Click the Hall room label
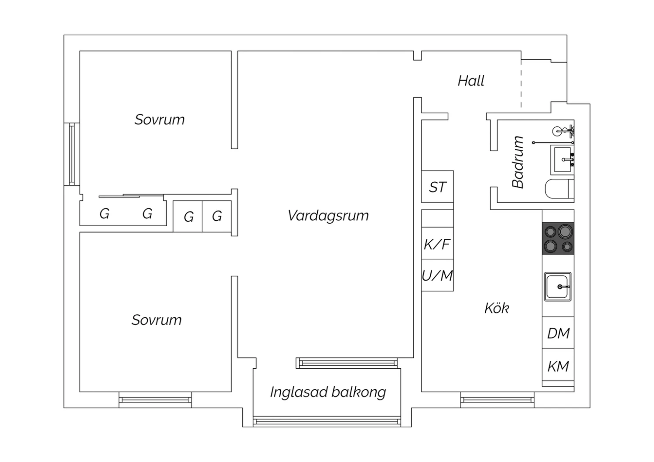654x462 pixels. pos(471,81)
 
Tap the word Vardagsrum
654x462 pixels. pos(328,215)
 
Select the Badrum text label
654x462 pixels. pos(518,162)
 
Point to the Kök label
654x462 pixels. pos(497,308)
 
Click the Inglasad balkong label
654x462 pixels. pos(328,392)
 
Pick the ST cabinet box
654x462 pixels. pos(437,187)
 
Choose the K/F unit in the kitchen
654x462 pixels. pos(437,243)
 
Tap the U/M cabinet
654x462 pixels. pos(437,275)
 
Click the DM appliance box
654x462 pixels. pos(558,333)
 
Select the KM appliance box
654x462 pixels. pos(558,366)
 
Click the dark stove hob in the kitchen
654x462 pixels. pos(558,238)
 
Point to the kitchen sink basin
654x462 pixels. pos(558,286)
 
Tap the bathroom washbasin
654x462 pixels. pos(562,159)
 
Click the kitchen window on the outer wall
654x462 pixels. pos(497,399)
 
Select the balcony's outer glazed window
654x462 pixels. pos(327,421)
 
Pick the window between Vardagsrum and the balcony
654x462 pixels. pos(347,363)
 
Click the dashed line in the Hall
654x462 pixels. pos(521,83)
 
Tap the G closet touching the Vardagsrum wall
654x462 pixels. pos(217,216)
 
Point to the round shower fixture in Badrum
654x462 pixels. pos(557,131)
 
